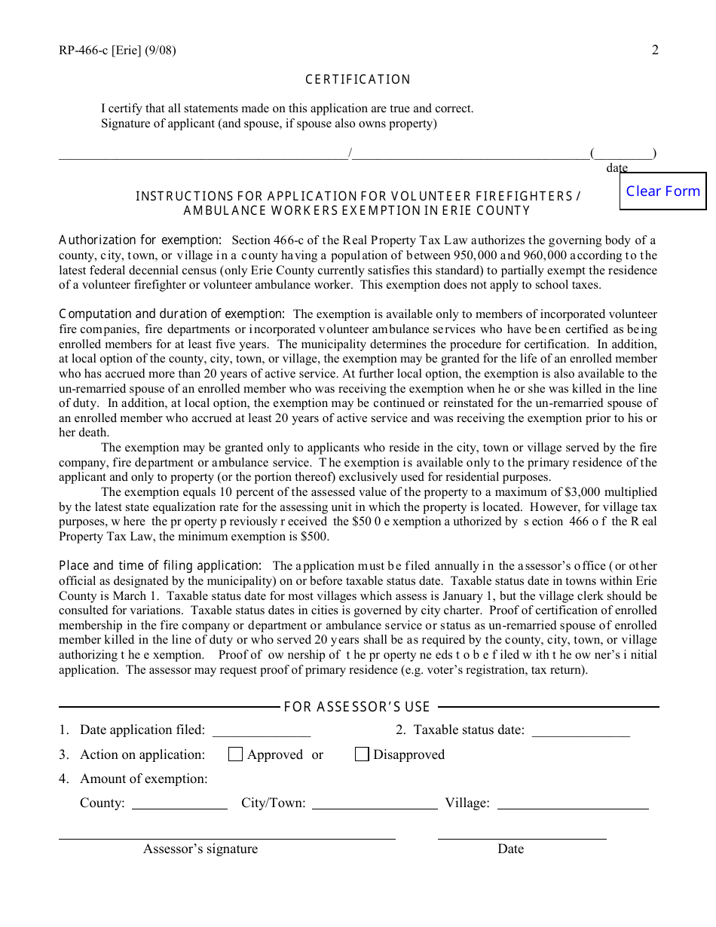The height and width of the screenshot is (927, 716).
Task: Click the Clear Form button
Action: pos(662,191)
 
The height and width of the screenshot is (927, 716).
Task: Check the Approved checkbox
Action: pos(235,754)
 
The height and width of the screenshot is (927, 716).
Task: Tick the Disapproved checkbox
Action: pos(362,754)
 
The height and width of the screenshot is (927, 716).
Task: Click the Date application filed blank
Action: pos(262,731)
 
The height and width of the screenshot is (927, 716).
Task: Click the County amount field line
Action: pos(179,804)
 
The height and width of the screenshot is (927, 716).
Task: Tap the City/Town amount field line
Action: pos(374,804)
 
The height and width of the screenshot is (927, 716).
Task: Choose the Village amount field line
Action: pos(572,804)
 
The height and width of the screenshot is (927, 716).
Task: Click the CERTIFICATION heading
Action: pos(358,80)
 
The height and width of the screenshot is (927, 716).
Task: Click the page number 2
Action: pos(655,51)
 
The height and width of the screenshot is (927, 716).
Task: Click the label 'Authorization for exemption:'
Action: pos(140,240)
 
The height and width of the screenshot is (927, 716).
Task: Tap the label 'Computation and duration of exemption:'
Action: pos(172,314)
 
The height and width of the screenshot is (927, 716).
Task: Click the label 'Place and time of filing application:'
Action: pos(160,565)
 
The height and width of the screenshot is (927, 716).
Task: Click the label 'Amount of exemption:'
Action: pos(143,779)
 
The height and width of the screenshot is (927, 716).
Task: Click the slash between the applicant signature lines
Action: pos(350,154)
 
